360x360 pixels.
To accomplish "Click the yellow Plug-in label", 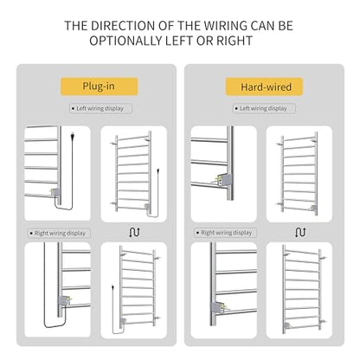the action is [x=99, y=87].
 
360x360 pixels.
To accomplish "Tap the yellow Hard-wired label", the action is [x=264, y=87].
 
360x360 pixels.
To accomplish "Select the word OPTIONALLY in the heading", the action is [x=125, y=41].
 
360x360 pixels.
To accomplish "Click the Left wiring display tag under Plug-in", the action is [x=100, y=108].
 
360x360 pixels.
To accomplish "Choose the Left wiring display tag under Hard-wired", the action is [x=264, y=108].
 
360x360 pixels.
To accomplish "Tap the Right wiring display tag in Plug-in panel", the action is [x=59, y=233].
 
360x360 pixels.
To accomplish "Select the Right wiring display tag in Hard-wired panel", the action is [x=226, y=233].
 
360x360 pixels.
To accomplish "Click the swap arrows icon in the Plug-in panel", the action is [x=134, y=232].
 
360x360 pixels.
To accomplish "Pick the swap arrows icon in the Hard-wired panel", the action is [x=300, y=232].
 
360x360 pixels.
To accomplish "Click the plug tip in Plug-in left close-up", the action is [x=72, y=135].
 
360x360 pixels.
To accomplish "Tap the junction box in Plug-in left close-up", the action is [x=55, y=192].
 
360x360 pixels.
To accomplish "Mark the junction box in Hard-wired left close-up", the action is [x=223, y=179].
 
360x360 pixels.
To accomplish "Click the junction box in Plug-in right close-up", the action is [x=64, y=300].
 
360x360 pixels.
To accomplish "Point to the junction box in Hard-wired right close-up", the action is [x=219, y=307].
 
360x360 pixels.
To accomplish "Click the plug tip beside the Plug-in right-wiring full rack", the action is [x=112, y=287].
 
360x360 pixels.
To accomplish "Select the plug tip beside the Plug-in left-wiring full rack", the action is [x=158, y=170].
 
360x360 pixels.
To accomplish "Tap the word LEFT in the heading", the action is [x=180, y=41].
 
